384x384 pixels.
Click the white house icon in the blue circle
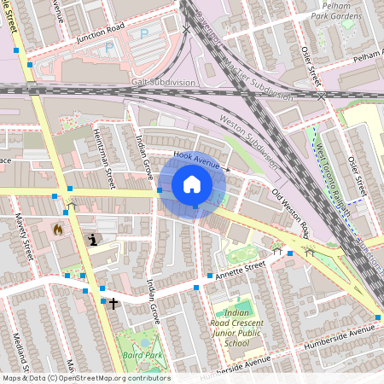192,183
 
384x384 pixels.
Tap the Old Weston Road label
290,212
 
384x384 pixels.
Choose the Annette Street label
242,271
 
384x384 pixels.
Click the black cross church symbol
113,302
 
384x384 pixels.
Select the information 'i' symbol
92,240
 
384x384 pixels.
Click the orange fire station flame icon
58,229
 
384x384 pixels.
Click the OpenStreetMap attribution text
85,378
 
